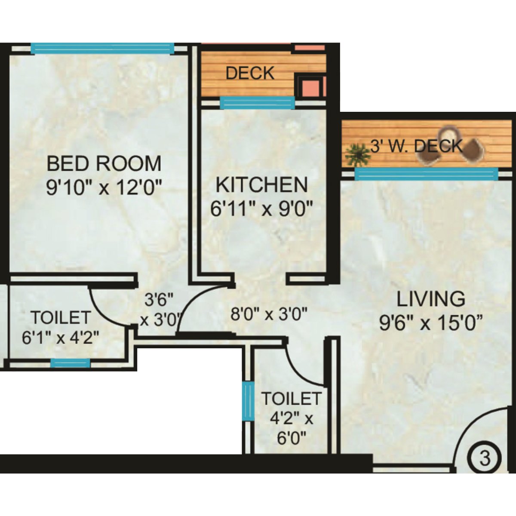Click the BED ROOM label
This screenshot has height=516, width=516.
click(x=104, y=164)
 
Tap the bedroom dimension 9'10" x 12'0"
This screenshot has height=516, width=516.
click(x=104, y=187)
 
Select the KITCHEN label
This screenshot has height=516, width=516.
click(x=261, y=185)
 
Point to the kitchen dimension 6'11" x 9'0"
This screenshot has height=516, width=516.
click(x=261, y=209)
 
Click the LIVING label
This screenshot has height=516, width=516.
click(x=430, y=299)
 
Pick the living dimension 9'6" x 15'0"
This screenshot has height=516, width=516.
click(x=430, y=322)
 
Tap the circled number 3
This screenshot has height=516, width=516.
click(x=485, y=458)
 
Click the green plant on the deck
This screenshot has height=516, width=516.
click(x=357, y=155)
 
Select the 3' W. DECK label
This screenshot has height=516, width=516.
click(x=416, y=147)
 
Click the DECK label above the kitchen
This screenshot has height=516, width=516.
click(x=250, y=73)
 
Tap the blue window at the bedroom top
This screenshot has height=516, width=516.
click(x=102, y=48)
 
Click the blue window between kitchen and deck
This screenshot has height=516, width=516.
click(x=257, y=102)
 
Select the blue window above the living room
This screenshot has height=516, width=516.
click(x=426, y=174)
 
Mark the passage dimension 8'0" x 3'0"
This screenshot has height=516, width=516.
click(x=269, y=314)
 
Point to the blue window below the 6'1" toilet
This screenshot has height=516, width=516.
click(x=71, y=363)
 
